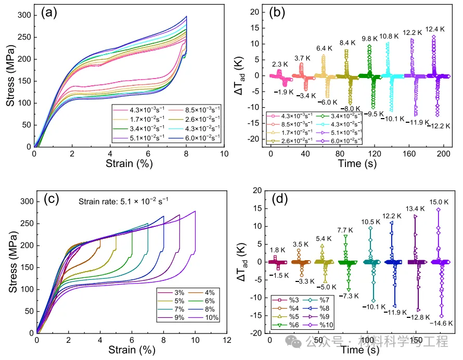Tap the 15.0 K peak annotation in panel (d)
438,202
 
